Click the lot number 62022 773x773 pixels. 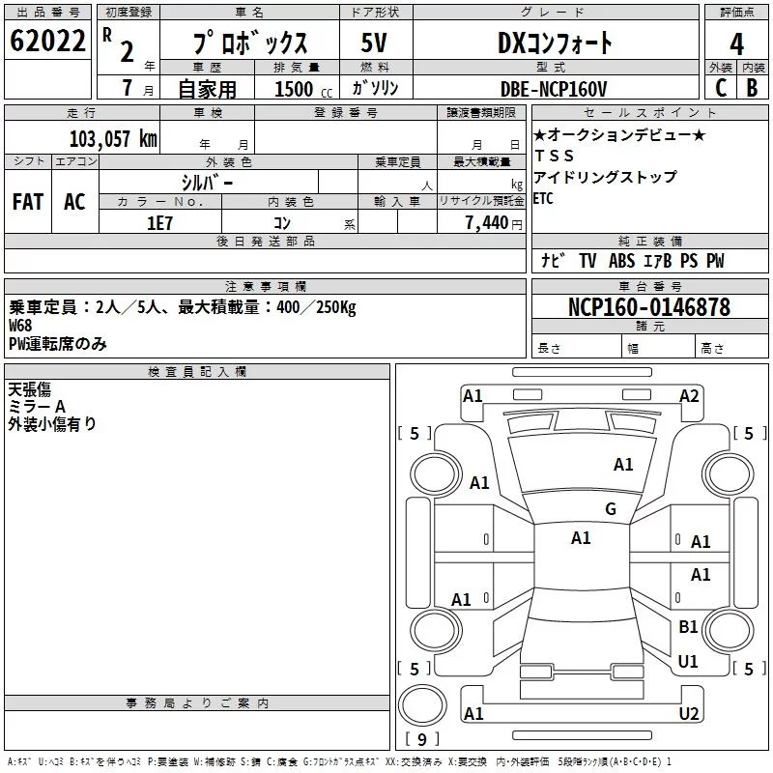[47, 42]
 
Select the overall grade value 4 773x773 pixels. [736, 43]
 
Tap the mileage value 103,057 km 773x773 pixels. [113, 138]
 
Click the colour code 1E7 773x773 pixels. [159, 221]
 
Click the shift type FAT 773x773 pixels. [27, 201]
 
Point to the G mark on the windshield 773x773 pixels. [610, 509]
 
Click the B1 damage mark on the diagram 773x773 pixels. [688, 627]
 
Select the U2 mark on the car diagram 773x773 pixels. [689, 714]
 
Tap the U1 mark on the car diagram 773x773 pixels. [688, 662]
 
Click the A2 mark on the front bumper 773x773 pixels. [689, 395]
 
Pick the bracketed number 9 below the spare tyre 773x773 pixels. [421, 740]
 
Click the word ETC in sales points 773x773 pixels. [544, 199]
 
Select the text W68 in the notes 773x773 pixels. [20, 326]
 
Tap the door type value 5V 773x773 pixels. [375, 43]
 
